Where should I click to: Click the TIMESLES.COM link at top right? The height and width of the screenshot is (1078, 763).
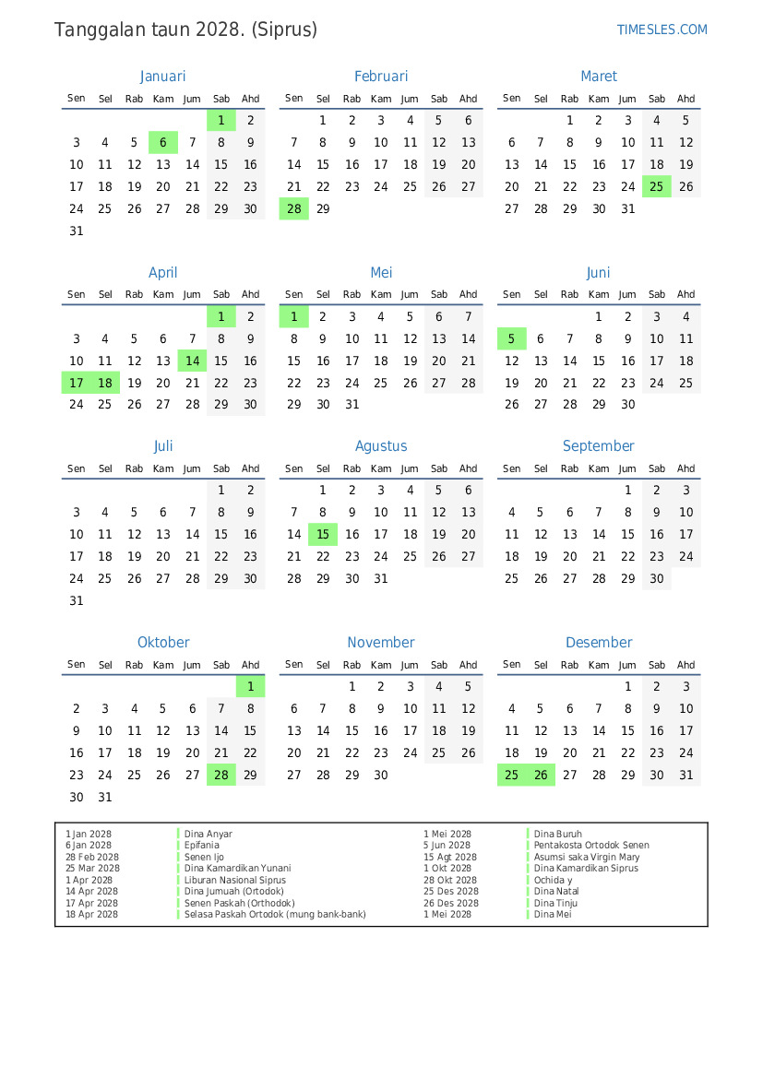click(662, 30)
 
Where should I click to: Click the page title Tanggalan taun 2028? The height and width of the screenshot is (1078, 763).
click(185, 30)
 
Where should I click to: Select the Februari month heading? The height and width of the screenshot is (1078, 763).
click(380, 77)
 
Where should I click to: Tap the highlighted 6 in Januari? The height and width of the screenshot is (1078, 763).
click(163, 143)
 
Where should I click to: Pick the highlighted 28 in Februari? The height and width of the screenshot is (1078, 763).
click(293, 208)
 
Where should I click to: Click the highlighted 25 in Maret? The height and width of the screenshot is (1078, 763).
click(656, 186)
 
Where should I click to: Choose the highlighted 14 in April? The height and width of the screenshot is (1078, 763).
click(192, 361)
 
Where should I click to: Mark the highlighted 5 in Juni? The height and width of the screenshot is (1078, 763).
click(511, 338)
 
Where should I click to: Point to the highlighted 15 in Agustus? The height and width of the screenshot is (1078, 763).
click(323, 535)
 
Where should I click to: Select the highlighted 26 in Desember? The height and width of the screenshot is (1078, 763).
click(541, 776)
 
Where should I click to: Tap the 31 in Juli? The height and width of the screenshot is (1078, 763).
click(77, 601)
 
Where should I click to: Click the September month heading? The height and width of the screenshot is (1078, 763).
click(598, 446)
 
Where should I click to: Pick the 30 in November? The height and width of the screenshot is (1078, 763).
click(381, 776)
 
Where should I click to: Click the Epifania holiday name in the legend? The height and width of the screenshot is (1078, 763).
click(202, 846)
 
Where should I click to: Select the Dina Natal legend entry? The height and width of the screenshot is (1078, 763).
click(556, 892)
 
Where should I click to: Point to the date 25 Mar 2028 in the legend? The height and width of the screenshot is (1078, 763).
click(92, 869)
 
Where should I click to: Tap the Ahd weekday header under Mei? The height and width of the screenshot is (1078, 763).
click(468, 295)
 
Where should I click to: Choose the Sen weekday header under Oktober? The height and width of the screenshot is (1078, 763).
click(77, 665)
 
